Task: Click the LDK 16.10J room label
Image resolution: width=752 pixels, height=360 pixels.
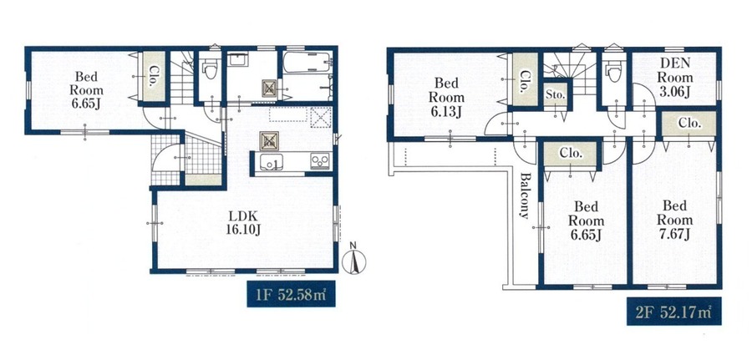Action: (243, 222)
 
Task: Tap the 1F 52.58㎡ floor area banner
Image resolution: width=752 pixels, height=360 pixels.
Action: (291, 294)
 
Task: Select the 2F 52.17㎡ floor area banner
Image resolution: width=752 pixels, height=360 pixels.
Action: (673, 312)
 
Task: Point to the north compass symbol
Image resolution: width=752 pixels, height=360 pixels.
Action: (354, 260)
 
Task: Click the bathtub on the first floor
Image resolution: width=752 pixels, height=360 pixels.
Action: (307, 63)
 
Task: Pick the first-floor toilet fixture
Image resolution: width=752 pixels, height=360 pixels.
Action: (210, 69)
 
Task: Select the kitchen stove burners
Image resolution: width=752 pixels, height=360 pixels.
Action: (319, 161)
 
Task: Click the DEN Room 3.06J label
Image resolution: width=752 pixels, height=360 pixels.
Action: (675, 77)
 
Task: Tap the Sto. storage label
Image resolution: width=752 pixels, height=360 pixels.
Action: (555, 94)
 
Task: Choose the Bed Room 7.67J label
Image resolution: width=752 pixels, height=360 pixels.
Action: (674, 220)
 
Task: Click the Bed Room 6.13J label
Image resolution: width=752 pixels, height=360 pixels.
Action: (446, 98)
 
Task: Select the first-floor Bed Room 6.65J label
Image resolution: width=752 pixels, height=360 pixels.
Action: (86, 90)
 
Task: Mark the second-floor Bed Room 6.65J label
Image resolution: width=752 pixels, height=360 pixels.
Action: (586, 221)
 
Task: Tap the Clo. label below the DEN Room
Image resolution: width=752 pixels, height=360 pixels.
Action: (689, 123)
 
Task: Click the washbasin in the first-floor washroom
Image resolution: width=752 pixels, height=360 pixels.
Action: (238, 59)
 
